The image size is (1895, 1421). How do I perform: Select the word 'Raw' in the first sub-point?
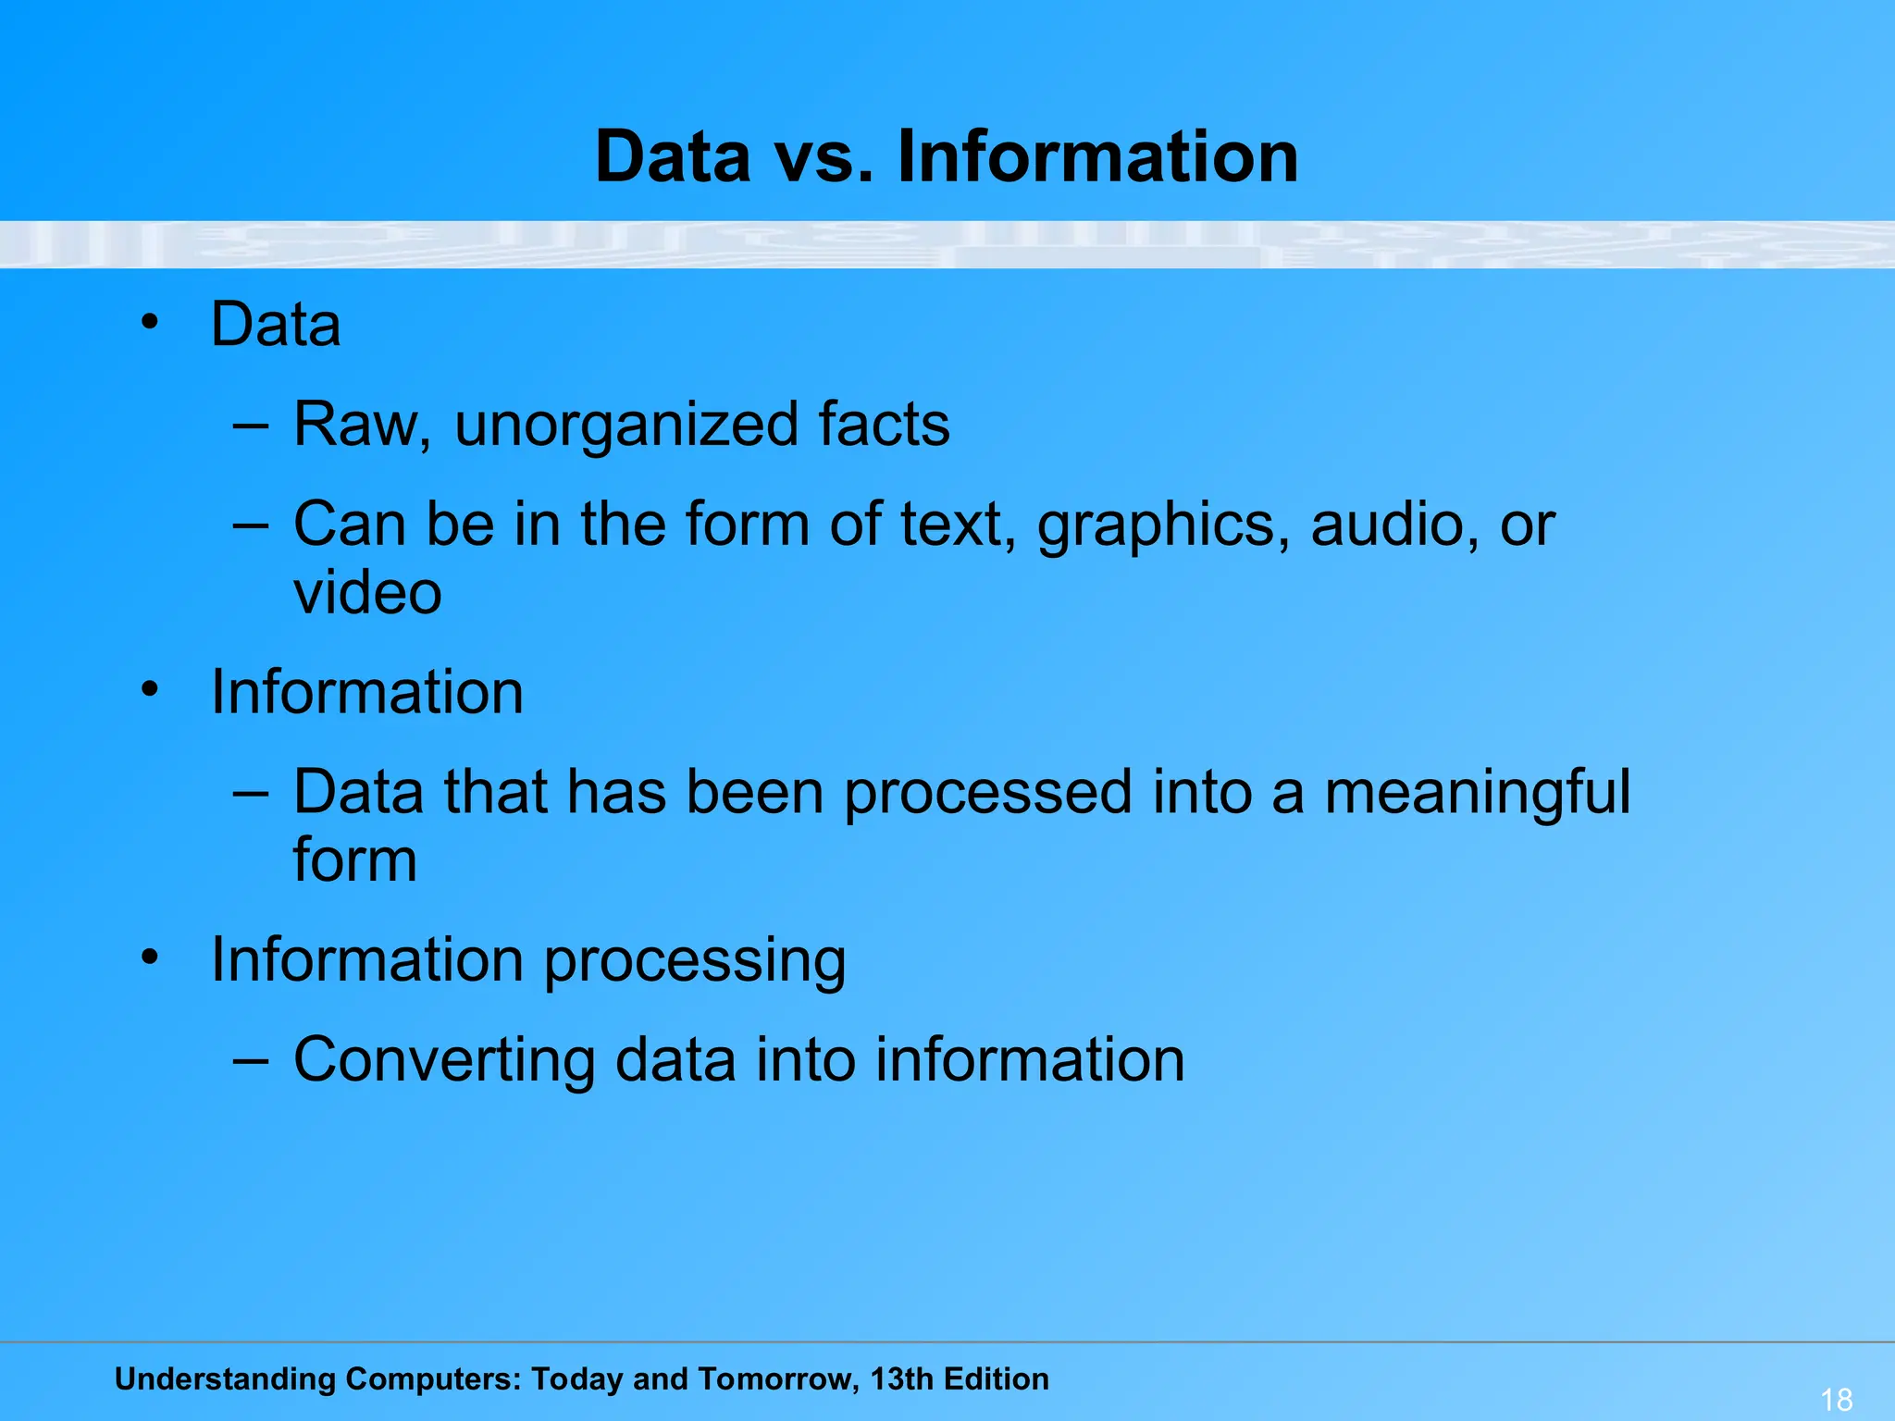click(354, 425)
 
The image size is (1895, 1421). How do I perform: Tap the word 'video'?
click(367, 593)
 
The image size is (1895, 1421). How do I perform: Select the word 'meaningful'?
click(1477, 794)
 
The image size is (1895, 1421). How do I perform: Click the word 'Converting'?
click(444, 1061)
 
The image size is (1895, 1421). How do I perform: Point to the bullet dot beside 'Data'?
click(150, 323)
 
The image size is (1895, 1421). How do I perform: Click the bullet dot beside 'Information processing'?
click(150, 958)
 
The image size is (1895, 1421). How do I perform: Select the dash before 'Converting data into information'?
click(250, 1060)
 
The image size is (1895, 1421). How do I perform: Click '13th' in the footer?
click(901, 1378)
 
